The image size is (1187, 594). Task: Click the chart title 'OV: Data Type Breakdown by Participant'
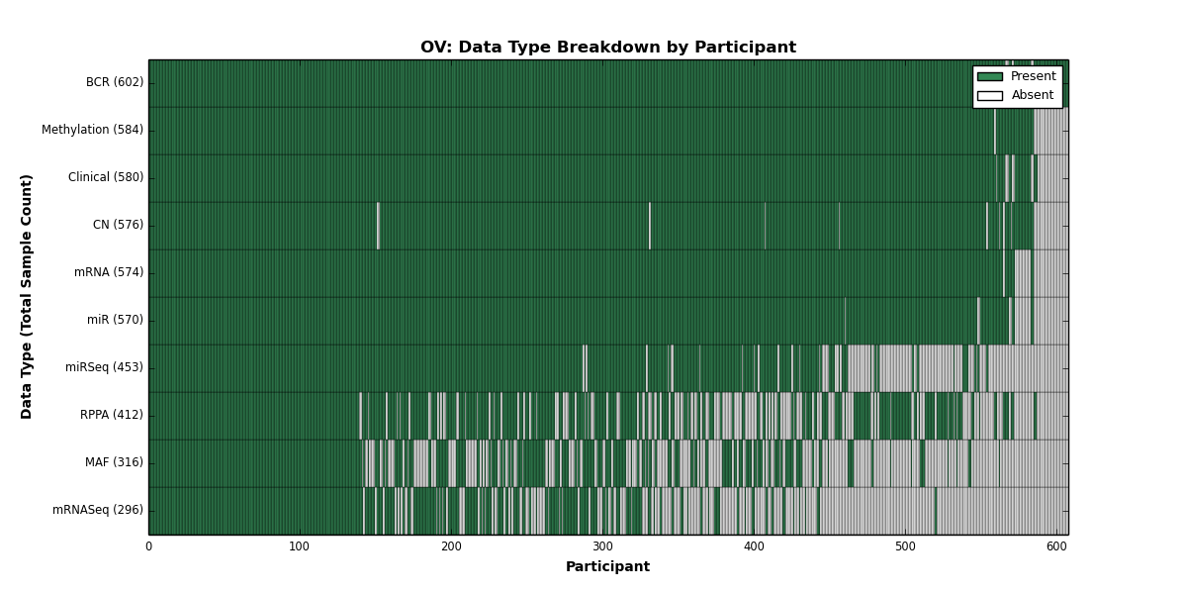[608, 48]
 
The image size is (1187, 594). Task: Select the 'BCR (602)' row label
[115, 82]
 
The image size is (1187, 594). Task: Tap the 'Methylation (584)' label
[92, 130]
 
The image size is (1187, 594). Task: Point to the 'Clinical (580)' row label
[106, 177]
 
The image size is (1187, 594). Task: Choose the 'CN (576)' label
[118, 225]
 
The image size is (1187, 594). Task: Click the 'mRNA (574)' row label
[109, 272]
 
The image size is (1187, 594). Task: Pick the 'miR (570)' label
[115, 320]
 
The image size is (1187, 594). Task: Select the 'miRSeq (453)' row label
[104, 367]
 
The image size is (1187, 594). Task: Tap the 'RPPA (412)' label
[111, 415]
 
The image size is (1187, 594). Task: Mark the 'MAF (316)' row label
[114, 462]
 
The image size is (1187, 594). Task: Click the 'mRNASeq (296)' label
[98, 510]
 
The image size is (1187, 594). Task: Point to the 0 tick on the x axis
[149, 546]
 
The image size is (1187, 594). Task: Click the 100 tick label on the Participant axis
[300, 546]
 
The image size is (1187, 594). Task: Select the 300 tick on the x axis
[602, 546]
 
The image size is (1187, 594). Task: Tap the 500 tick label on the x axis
[905, 546]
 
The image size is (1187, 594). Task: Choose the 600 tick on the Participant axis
[1056, 546]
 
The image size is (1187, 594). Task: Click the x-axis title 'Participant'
[607, 567]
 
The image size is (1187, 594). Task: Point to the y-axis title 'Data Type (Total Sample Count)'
[26, 297]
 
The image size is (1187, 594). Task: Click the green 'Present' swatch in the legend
[990, 77]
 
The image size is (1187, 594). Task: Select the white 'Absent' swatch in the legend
[990, 96]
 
